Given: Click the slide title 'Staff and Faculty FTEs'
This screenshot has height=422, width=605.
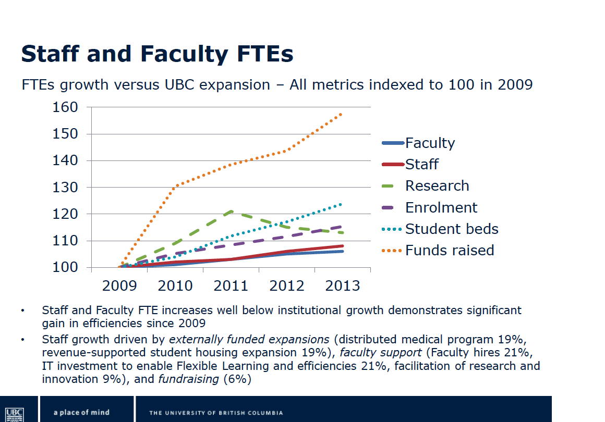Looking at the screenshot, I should tap(157, 54).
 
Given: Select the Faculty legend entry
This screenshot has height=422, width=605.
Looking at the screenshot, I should tap(430, 143).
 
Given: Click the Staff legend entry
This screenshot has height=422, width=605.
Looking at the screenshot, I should tap(421, 164).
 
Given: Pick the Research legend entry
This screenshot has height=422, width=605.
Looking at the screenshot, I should tap(437, 185).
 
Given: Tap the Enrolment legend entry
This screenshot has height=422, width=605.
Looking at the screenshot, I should tap(441, 207).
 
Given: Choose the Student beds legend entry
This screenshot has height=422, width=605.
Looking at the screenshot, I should tap(451, 229).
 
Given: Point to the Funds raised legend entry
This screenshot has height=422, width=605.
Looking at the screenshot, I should tap(449, 250).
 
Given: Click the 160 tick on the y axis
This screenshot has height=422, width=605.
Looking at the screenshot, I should tap(65, 107).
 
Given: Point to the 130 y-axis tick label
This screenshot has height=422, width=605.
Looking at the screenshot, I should tap(65, 187).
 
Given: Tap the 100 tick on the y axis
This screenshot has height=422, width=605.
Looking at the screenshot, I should tap(65, 267).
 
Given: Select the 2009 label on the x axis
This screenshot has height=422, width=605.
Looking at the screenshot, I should tap(120, 286).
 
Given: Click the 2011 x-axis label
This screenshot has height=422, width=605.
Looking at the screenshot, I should tap(231, 286).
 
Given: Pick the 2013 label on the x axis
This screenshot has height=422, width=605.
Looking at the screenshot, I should tap(342, 286).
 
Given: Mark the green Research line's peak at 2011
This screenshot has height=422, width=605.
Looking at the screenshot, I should tap(231, 211).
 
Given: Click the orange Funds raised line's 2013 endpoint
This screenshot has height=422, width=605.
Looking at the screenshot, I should tap(342, 113).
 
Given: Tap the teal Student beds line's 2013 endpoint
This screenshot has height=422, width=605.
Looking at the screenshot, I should tap(342, 204).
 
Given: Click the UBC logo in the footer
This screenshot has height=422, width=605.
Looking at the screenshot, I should tap(17, 412).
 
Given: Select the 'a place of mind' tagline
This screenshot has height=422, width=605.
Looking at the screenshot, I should tap(81, 412).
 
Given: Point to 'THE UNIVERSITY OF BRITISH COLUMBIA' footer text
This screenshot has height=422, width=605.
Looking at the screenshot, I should tap(216, 413).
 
